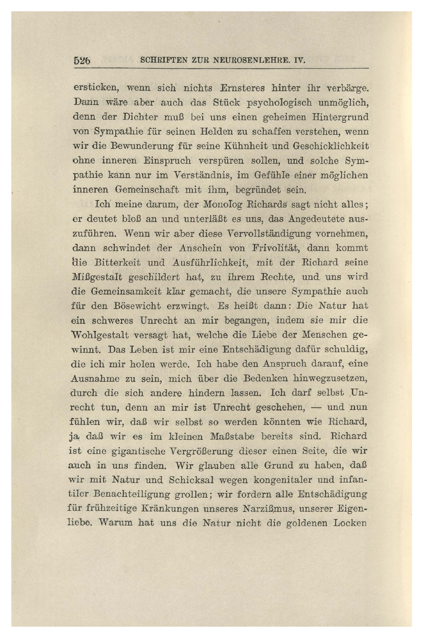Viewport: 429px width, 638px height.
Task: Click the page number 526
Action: (82, 61)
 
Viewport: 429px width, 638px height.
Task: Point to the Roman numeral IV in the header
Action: (298, 61)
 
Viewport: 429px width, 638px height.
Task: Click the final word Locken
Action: (350, 523)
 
